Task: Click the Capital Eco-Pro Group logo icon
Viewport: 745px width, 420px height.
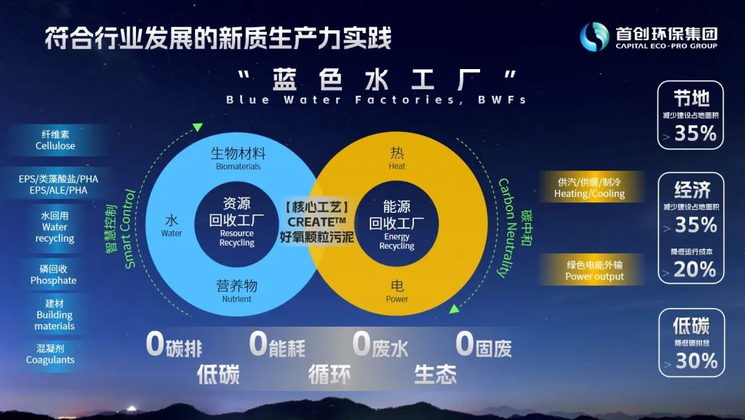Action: [x=595, y=37]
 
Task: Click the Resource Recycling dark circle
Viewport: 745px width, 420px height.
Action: [x=237, y=223]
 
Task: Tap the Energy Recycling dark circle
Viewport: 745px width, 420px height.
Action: [x=396, y=224]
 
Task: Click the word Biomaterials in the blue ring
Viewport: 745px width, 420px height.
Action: [x=238, y=166]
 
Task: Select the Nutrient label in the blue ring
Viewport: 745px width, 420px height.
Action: [x=237, y=298]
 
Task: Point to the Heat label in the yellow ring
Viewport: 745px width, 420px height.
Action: [x=397, y=166]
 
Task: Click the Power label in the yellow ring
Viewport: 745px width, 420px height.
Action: [x=397, y=298]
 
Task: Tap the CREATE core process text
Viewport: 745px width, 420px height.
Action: [x=317, y=222]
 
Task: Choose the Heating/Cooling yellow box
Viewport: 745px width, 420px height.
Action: [x=590, y=187]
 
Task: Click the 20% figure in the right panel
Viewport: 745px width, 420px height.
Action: [x=695, y=269]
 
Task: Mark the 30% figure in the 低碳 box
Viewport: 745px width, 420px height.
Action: [x=697, y=361]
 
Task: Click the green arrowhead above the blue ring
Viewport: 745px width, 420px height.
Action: [x=198, y=127]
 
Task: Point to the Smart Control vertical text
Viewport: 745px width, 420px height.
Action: [x=130, y=229]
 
